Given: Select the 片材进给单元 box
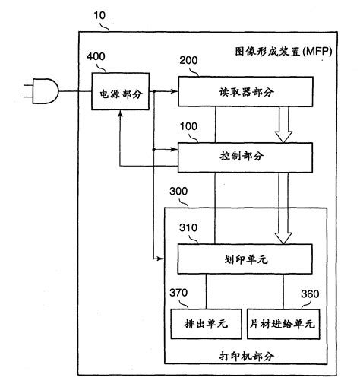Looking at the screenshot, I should pos(282,322).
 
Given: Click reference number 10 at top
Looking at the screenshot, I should pos(99,14).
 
